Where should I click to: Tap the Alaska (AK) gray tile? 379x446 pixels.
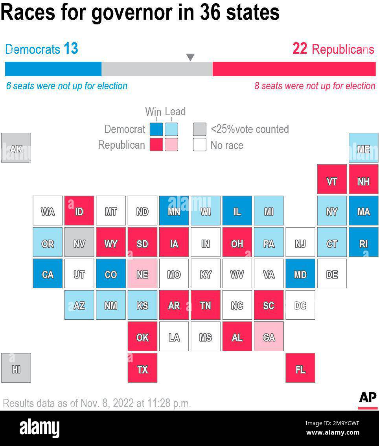(x=16, y=148)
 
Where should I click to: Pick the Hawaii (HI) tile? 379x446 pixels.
(x=16, y=368)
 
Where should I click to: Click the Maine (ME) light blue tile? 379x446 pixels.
(x=363, y=148)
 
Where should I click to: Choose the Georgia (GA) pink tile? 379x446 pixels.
(x=269, y=336)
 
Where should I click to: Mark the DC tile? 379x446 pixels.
(x=300, y=305)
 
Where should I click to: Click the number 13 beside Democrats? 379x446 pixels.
(x=71, y=49)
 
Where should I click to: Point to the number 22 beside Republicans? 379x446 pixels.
(x=300, y=49)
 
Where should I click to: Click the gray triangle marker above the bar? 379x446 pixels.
(x=190, y=57)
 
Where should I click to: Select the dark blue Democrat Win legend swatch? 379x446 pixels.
(x=156, y=129)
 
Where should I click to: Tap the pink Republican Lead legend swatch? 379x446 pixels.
(x=171, y=145)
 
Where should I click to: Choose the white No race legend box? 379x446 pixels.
(x=200, y=145)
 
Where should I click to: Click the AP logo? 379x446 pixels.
(x=368, y=398)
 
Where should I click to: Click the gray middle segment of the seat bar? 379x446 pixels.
(x=157, y=69)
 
